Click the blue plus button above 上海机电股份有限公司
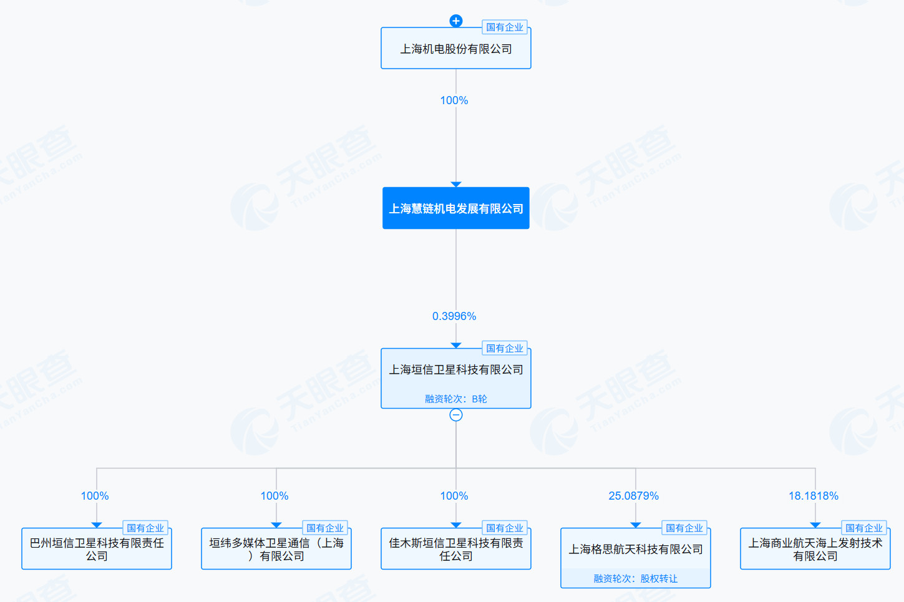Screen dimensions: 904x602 point(455,21)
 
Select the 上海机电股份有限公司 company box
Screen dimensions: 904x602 point(455,48)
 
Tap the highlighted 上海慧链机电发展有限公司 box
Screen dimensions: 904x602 point(455,208)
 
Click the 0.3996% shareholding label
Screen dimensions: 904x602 point(454,316)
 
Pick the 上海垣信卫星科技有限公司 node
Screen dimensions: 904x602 point(455,378)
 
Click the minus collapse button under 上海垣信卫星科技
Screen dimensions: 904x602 point(455,415)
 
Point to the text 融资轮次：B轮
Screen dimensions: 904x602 point(455,399)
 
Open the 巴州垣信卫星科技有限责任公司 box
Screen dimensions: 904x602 point(97,549)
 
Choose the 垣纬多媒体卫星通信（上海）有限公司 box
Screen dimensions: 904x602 point(276,549)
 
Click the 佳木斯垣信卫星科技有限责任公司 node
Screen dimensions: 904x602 point(455,549)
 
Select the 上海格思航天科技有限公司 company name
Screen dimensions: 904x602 point(636,549)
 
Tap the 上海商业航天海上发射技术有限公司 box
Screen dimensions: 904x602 point(815,549)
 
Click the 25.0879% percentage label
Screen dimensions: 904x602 point(634,495)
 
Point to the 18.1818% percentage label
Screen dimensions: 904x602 point(814,495)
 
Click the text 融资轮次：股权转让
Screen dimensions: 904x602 point(636,578)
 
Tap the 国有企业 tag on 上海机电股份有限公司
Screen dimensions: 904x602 point(505,27)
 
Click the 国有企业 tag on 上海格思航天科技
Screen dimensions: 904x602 point(684,528)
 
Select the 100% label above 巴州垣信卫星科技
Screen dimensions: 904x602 point(95,495)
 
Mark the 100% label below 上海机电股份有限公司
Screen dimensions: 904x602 point(454,100)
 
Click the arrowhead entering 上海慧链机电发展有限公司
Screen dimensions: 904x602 point(455,185)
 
